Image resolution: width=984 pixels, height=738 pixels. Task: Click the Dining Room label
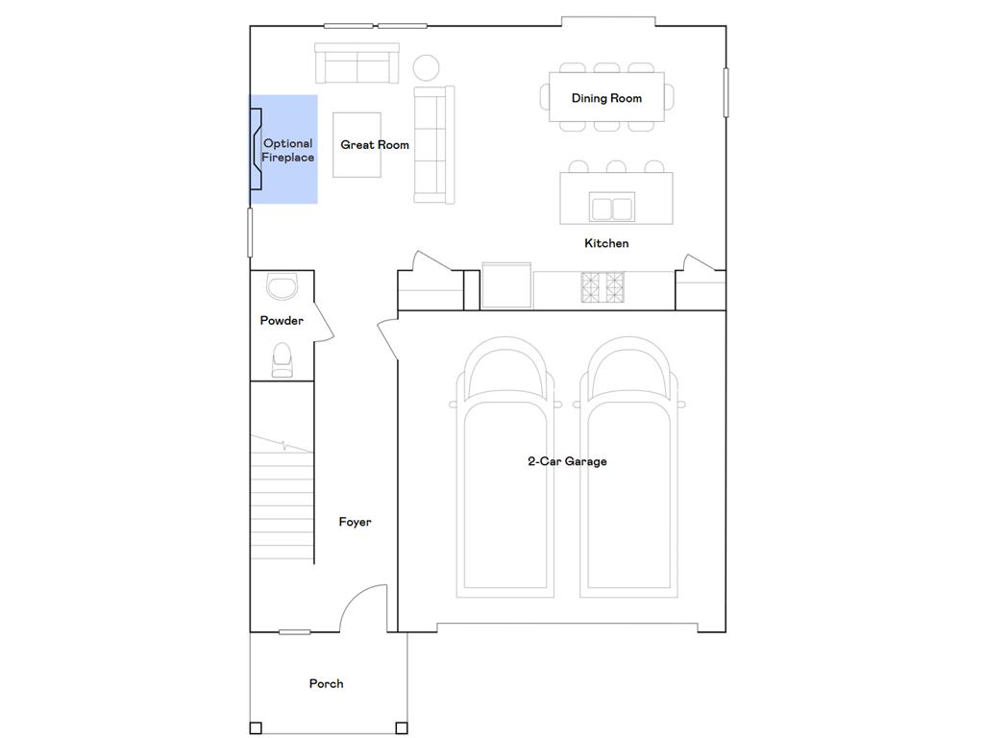click(606, 98)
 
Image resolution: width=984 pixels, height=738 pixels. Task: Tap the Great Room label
click(375, 145)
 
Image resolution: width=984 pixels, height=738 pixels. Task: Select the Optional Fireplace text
click(288, 151)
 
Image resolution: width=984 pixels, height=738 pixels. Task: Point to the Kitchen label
click(606, 243)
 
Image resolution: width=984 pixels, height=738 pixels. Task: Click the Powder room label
click(282, 321)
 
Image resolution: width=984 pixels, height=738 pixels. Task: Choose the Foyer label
click(355, 522)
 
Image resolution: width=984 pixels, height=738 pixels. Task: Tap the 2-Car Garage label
click(567, 461)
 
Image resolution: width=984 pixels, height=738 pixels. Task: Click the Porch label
click(326, 683)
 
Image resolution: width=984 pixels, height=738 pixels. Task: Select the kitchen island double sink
click(611, 208)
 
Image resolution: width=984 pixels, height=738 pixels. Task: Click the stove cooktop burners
click(603, 287)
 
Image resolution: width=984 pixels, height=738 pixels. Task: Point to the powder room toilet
click(283, 359)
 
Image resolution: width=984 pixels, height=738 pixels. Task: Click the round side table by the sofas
click(426, 67)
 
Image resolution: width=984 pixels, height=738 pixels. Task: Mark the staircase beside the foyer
click(283, 500)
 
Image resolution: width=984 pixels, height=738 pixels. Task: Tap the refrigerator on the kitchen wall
click(506, 286)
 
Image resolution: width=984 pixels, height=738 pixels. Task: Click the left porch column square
click(256, 727)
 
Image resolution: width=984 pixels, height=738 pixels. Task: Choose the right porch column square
click(401, 727)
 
